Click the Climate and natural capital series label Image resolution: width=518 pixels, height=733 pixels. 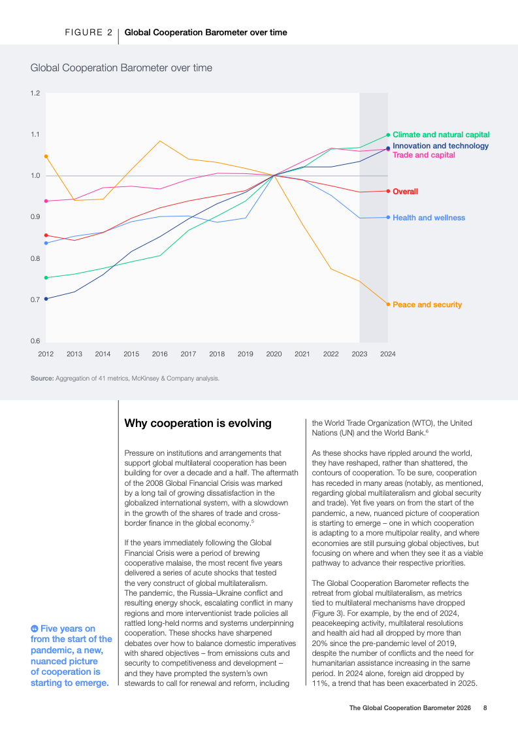pyautogui.click(x=441, y=135)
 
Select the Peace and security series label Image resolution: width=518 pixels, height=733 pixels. pyautogui.click(x=427, y=305)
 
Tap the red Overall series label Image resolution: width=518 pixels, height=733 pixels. pyautogui.click(x=405, y=192)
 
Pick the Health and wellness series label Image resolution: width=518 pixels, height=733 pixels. pyautogui.click(x=429, y=218)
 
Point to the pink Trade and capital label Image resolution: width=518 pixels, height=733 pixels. pyautogui.click(x=424, y=155)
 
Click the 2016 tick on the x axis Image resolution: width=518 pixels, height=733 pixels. pyautogui.click(x=160, y=354)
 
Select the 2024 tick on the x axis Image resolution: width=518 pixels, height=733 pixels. pyautogui.click(x=388, y=354)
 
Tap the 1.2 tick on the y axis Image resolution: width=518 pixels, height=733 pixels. pyautogui.click(x=35, y=94)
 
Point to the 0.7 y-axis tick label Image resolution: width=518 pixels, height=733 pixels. pyautogui.click(x=35, y=299)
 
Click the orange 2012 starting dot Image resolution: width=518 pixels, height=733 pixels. pyautogui.click(x=46, y=156)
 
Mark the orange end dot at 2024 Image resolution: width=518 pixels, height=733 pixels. pyautogui.click(x=388, y=304)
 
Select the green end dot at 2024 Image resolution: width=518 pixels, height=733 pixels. pyautogui.click(x=388, y=135)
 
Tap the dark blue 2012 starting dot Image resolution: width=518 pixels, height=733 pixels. pyautogui.click(x=46, y=299)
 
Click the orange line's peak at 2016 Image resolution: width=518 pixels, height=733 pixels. pyautogui.click(x=160, y=141)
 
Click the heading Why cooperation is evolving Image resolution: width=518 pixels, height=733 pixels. pyautogui.click(x=198, y=423)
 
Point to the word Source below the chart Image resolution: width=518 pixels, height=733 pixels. pyautogui.click(x=42, y=378)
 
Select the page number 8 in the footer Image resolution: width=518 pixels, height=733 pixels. pyautogui.click(x=485, y=707)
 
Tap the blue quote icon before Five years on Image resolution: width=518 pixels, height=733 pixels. pyautogui.click(x=35, y=628)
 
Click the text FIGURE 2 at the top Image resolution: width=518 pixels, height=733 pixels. pyautogui.click(x=88, y=32)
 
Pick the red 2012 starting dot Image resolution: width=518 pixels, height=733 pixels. pyautogui.click(x=46, y=235)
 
